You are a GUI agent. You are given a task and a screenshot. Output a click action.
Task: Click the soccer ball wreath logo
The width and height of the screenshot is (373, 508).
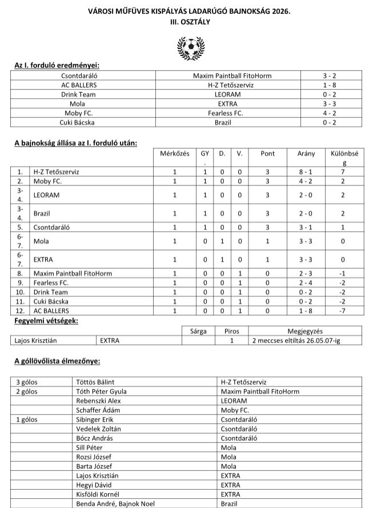pyautogui.click(x=186, y=47)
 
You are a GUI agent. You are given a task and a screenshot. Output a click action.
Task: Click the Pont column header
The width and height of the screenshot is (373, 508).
pyautogui.click(x=267, y=154)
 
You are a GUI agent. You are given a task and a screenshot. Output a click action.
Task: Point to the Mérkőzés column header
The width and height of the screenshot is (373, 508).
pyautogui.click(x=175, y=154)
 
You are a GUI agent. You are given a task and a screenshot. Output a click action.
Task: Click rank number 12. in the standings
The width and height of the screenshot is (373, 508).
pyautogui.click(x=20, y=311)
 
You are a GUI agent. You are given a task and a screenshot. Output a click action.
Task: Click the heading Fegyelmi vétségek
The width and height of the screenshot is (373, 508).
pyautogui.click(x=46, y=321)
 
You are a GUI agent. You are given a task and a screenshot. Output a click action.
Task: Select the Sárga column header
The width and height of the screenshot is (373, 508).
pyautogui.click(x=198, y=330)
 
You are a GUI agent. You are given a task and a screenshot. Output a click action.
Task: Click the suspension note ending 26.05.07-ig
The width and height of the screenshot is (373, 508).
pyautogui.click(x=297, y=341)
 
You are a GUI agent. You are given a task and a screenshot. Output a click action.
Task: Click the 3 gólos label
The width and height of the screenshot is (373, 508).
pyautogui.click(x=26, y=382)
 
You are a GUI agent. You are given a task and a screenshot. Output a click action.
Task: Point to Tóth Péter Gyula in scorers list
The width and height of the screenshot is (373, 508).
pyautogui.click(x=101, y=391)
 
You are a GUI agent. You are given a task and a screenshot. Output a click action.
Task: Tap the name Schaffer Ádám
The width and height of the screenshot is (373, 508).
pyautogui.click(x=97, y=410)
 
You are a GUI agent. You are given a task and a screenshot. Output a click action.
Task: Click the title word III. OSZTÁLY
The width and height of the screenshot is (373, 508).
pyautogui.click(x=186, y=21)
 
